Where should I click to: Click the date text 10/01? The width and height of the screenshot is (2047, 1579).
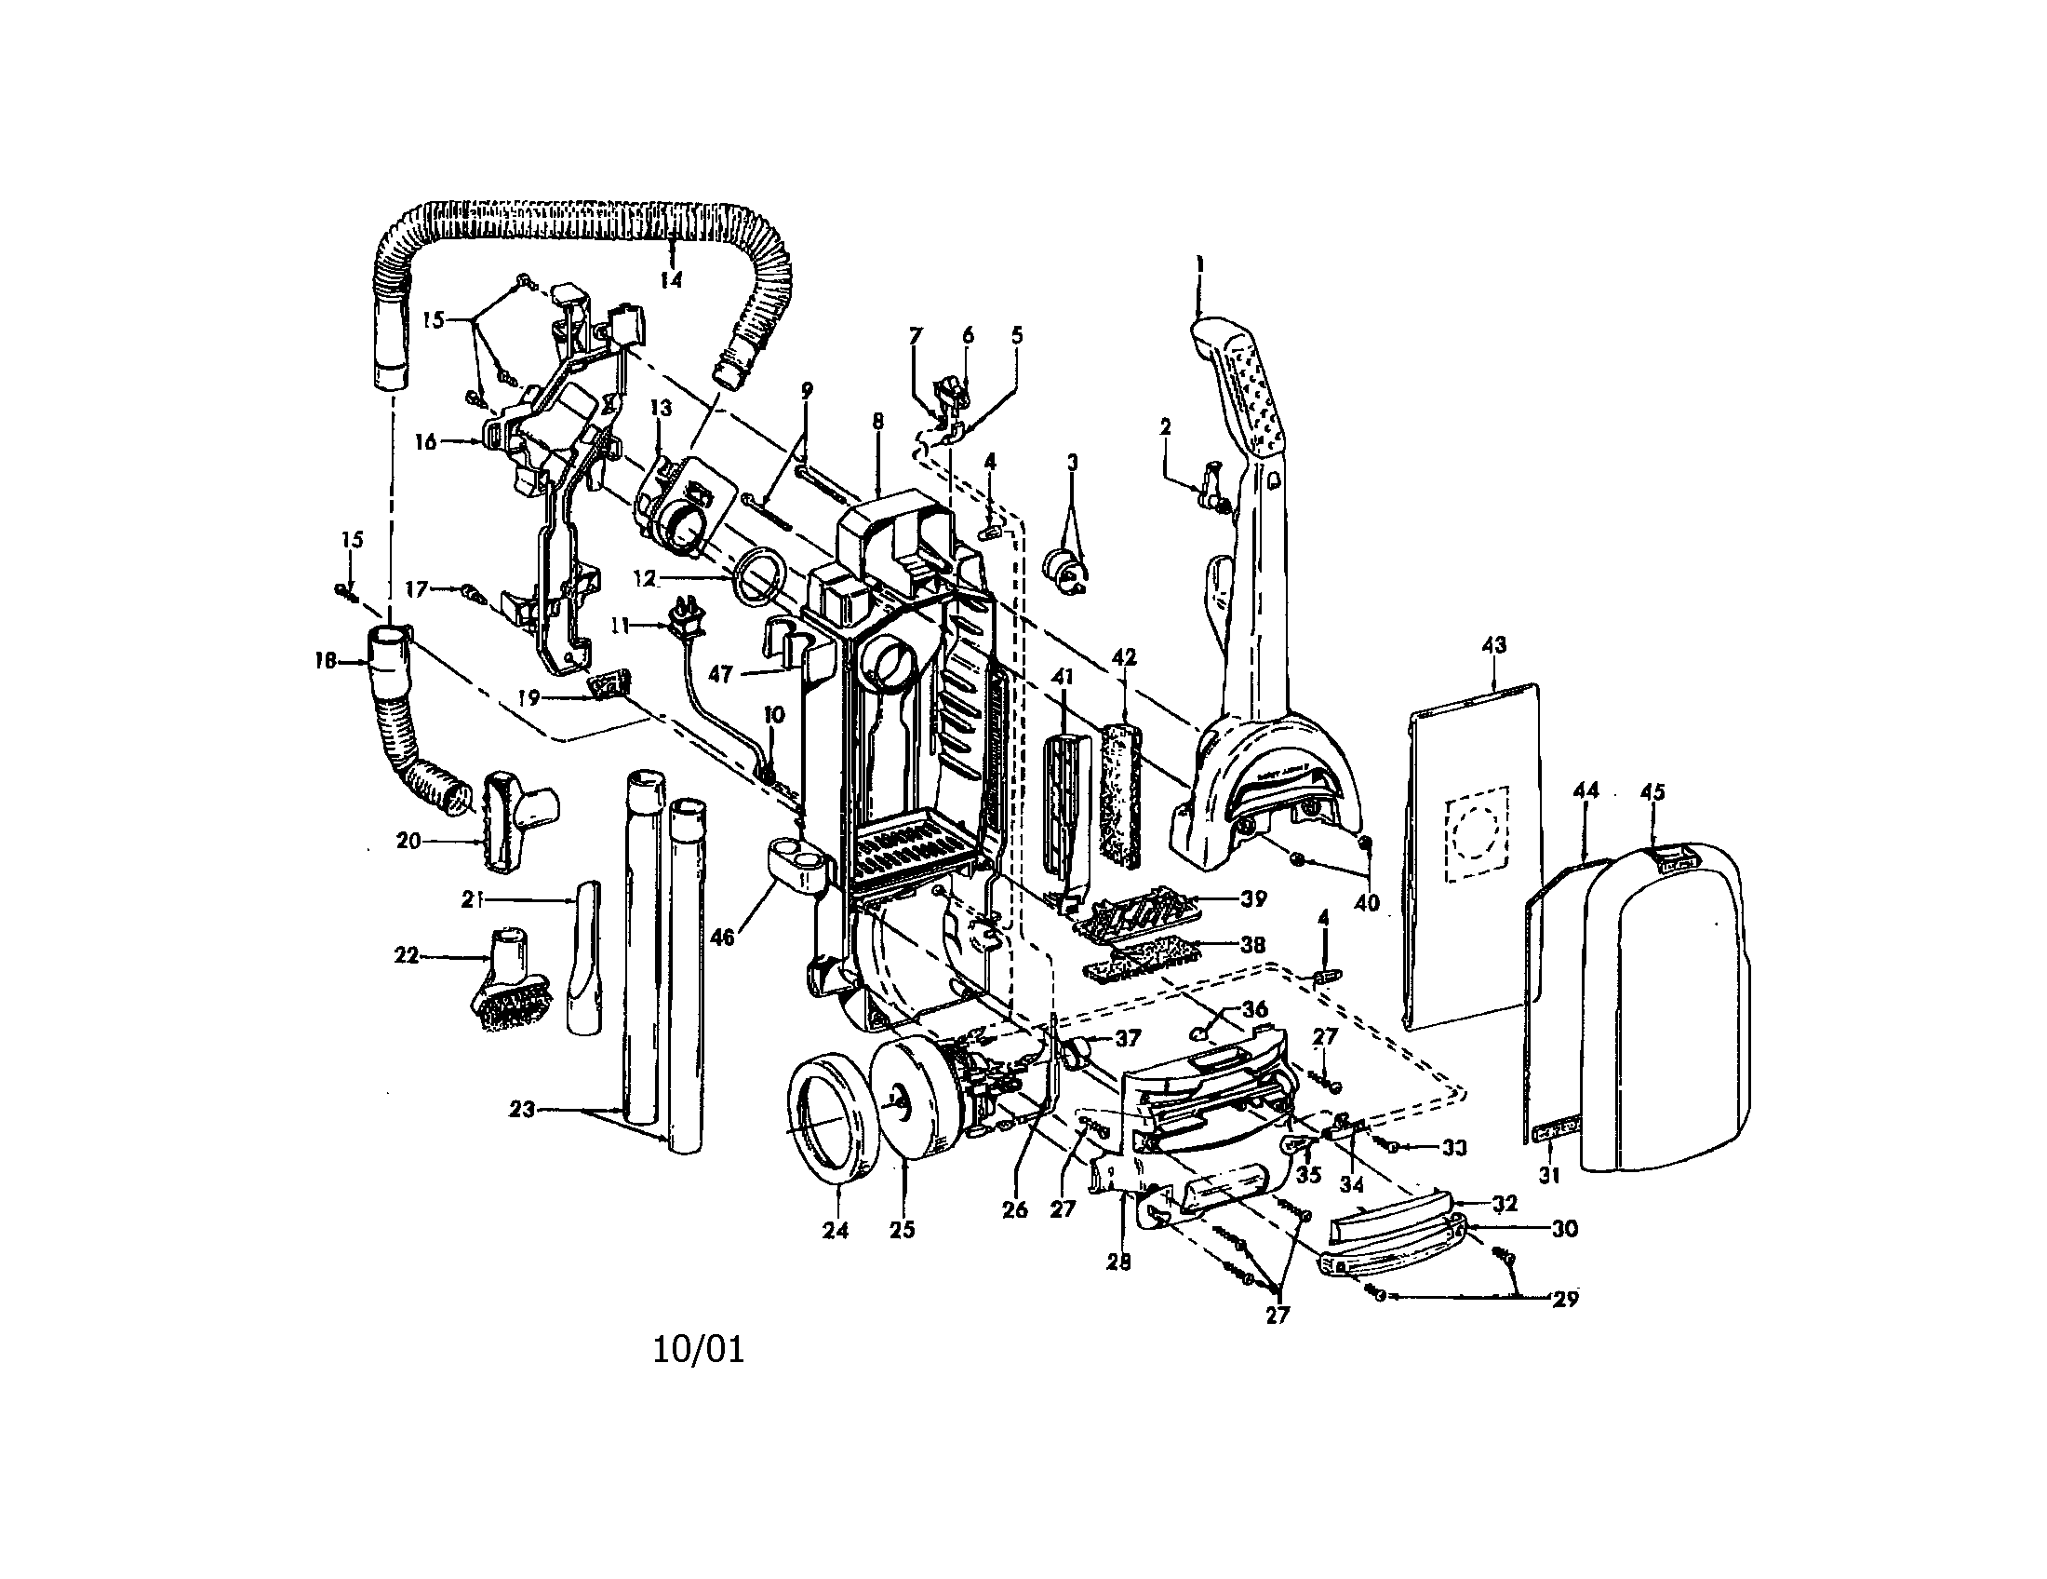point(698,1350)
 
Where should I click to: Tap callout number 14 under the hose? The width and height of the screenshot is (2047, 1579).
point(671,278)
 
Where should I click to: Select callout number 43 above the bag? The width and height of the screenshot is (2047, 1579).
point(1493,645)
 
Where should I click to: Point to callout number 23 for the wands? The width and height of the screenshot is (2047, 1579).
point(521,1110)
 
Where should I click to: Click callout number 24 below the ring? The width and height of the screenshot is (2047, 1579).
point(836,1230)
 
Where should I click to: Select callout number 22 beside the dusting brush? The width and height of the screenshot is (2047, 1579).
point(406,957)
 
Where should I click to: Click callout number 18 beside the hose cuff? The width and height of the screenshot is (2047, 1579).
point(326,662)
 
